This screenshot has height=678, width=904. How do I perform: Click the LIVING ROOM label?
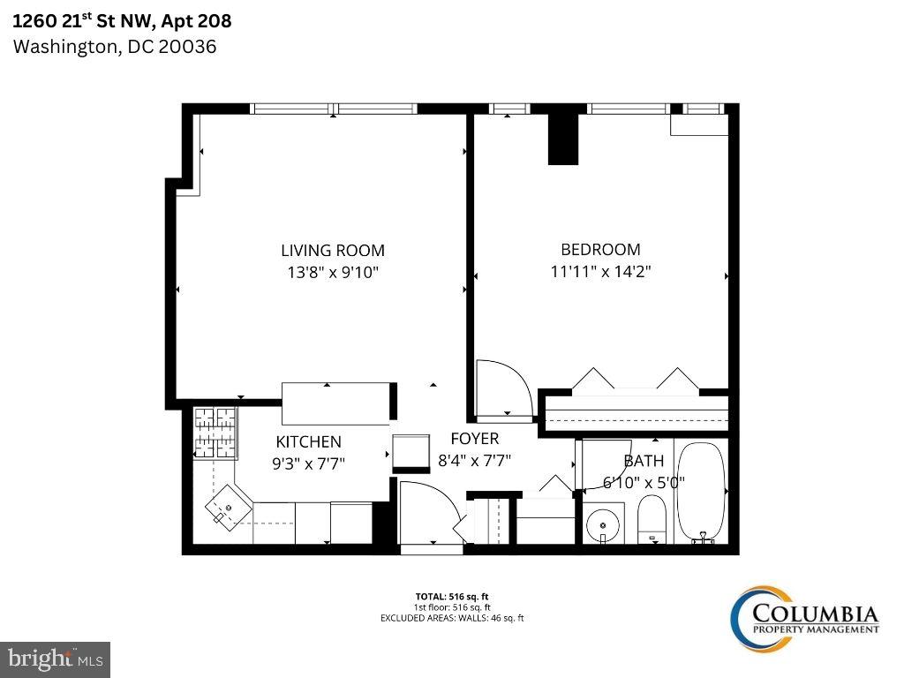(333, 251)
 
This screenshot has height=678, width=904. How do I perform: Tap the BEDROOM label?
(600, 250)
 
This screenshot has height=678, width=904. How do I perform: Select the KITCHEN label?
(308, 441)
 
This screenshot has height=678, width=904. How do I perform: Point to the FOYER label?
(474, 439)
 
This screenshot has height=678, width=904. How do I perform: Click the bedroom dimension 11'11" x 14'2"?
(600, 272)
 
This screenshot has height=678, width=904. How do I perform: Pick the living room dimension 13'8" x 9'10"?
(333, 273)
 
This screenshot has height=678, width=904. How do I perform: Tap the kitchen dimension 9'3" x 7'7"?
(308, 461)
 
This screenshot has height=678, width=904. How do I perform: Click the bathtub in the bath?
(701, 492)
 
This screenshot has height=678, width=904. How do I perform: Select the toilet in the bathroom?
(652, 519)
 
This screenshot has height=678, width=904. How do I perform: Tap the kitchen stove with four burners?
(216, 433)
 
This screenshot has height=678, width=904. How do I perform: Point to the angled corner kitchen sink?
(227, 508)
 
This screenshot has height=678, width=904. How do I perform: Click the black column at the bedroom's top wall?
(563, 137)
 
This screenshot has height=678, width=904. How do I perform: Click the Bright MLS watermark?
(55, 659)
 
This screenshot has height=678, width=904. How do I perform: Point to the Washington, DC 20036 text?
(114, 47)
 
